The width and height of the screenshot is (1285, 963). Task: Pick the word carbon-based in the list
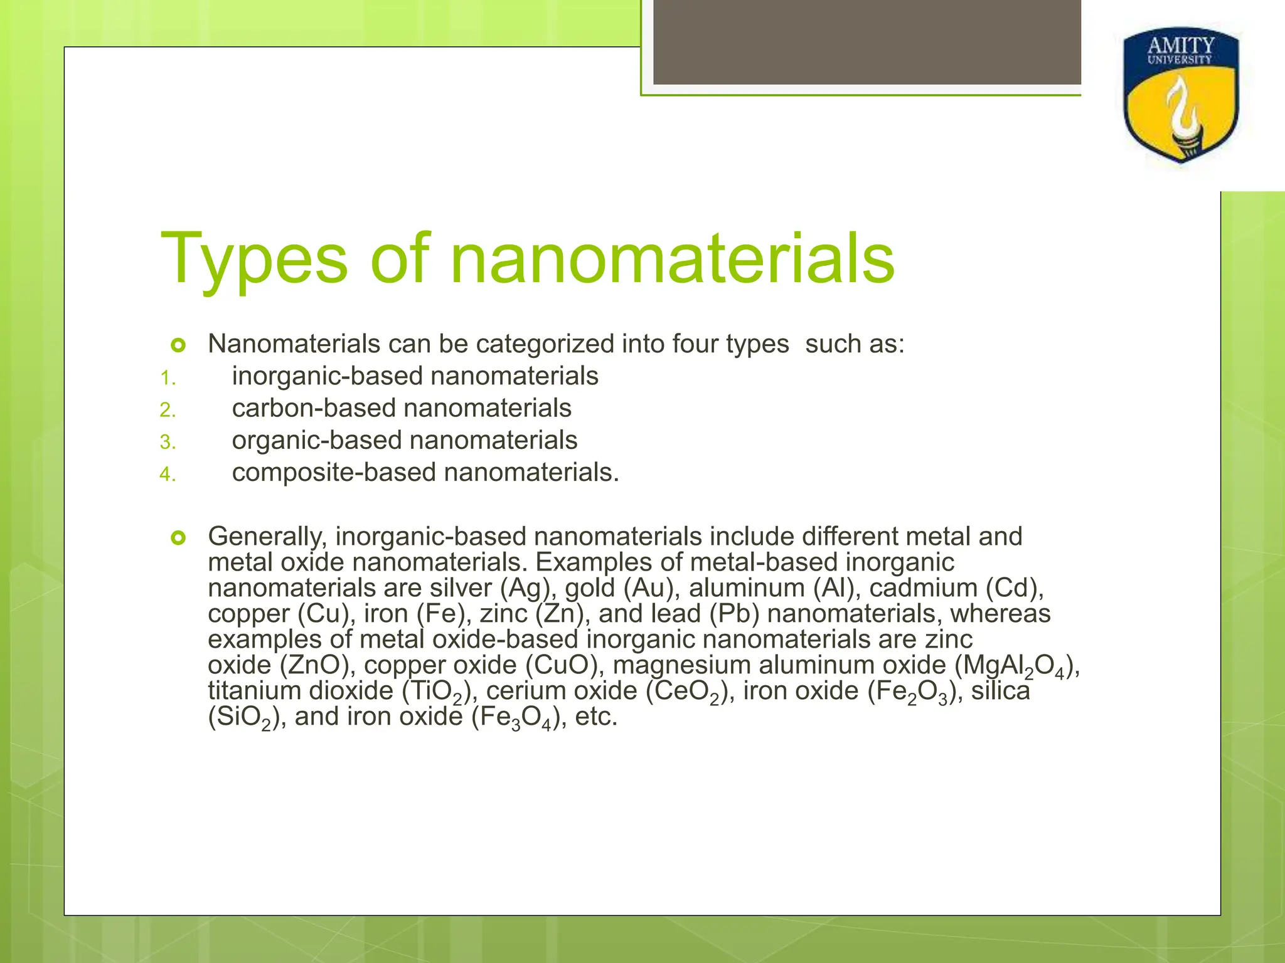point(314,408)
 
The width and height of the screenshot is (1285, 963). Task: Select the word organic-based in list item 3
point(317,440)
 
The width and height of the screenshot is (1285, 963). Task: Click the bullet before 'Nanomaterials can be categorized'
point(178,345)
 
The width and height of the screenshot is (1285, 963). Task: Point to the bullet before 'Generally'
point(178,537)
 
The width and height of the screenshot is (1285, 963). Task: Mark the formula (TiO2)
point(432,692)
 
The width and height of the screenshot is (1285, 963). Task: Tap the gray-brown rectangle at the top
point(866,42)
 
